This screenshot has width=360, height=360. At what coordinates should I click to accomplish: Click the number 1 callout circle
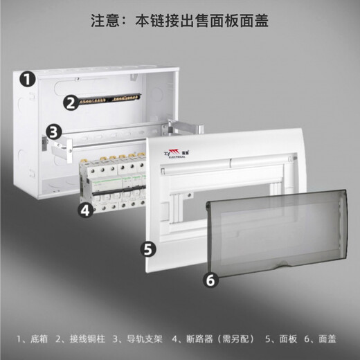pyautogui.click(x=27, y=79)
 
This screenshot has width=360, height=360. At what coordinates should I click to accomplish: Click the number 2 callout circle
pyautogui.click(x=70, y=103)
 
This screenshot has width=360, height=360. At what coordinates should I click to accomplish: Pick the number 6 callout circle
pyautogui.click(x=212, y=280)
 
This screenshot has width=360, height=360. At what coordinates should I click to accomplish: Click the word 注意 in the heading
pyautogui.click(x=105, y=21)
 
